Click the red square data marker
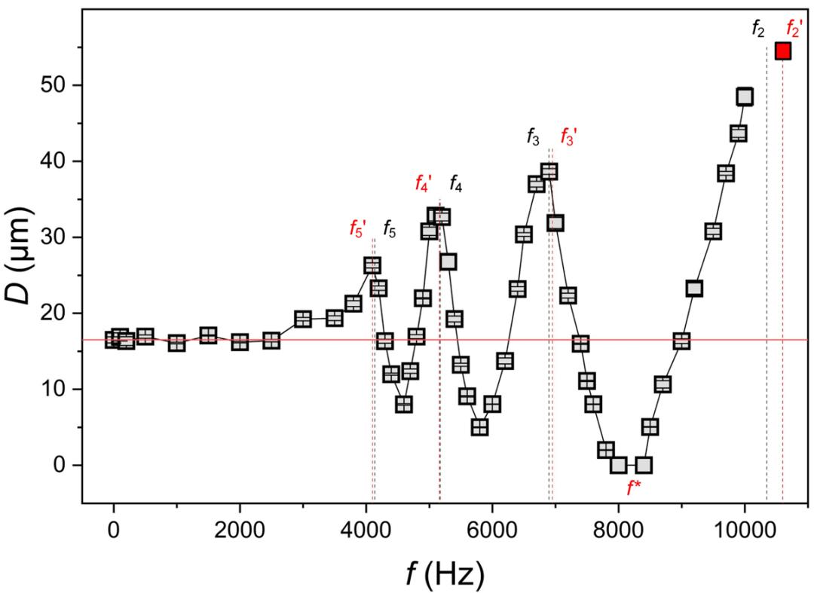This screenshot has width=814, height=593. (x=782, y=50)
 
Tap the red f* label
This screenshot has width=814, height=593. (x=634, y=488)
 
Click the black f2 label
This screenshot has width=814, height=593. (x=758, y=29)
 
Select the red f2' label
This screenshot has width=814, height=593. (x=794, y=29)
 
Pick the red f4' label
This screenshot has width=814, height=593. (x=424, y=182)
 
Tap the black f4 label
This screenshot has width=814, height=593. (x=455, y=182)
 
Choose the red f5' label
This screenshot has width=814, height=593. (x=357, y=228)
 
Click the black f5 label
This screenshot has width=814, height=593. (x=389, y=228)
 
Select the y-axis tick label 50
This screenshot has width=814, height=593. (x=62, y=85)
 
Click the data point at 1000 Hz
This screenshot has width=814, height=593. (x=176, y=344)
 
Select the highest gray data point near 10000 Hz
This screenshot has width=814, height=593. (x=745, y=96)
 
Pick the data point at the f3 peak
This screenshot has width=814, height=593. (x=549, y=172)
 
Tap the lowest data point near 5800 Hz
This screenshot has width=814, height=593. (x=479, y=427)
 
